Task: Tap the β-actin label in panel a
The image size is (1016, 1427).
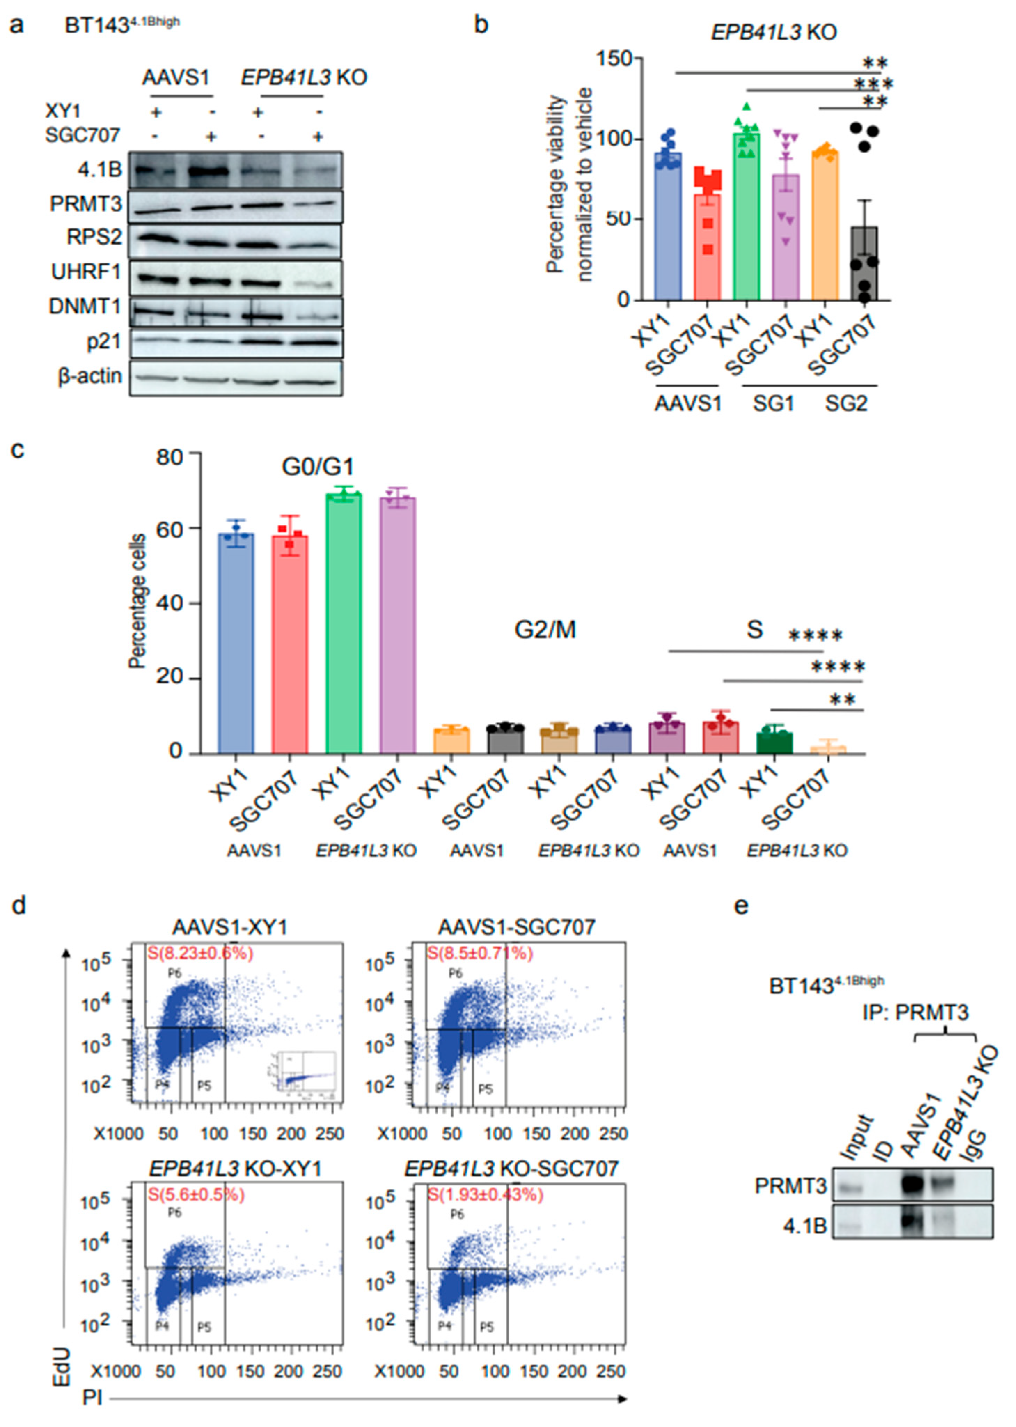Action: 90,376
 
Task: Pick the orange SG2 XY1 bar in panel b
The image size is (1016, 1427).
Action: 825,225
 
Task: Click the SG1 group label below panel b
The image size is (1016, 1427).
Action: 773,404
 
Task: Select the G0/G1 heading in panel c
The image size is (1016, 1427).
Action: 318,467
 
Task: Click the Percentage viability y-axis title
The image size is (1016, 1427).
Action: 569,185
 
